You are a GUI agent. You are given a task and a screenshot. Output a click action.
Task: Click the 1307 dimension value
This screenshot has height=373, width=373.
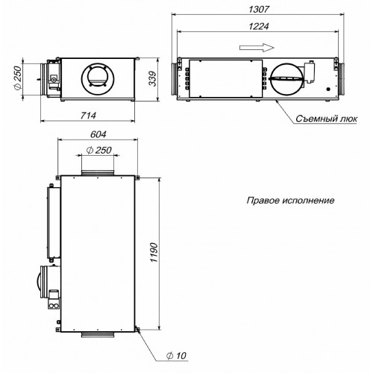point(259,10)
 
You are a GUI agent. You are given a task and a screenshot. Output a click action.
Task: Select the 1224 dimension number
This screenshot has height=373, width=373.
point(259,26)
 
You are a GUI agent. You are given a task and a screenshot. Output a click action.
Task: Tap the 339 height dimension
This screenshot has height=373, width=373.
point(153,79)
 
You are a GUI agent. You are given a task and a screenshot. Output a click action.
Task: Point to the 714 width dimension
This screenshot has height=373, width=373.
point(88,116)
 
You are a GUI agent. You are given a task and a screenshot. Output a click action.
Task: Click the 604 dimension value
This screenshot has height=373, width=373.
point(98,134)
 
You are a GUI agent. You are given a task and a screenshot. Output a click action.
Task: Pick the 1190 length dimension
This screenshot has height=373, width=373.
point(154,252)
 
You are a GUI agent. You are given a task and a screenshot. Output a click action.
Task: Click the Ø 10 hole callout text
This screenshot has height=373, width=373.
point(176,356)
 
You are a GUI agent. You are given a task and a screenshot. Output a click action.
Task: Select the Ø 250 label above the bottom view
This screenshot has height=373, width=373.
point(98,150)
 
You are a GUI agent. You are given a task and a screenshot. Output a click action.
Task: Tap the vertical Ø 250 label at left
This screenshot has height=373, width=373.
point(18,78)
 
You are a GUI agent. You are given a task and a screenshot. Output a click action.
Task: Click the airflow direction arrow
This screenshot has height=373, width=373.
point(257,48)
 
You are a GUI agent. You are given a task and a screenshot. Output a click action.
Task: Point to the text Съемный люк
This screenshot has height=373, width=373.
point(327,119)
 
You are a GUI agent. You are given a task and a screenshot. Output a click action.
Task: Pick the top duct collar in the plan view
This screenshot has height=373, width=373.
point(98,172)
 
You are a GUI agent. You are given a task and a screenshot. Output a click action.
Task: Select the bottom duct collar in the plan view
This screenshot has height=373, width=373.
point(98,334)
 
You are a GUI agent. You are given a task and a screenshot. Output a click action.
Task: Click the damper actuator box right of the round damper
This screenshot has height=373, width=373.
point(310,72)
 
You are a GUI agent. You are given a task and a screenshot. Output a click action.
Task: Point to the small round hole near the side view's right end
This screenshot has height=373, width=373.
point(328,89)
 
